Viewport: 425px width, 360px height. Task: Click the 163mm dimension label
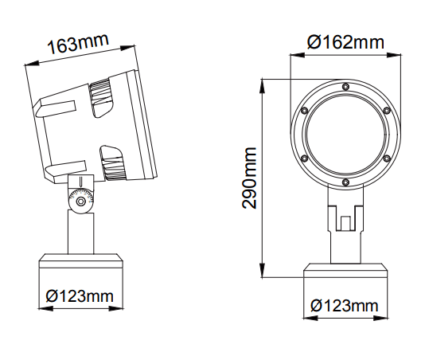[x=78, y=43]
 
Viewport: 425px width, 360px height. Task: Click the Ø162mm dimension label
[x=346, y=42]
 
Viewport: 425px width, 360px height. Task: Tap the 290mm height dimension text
[x=249, y=178]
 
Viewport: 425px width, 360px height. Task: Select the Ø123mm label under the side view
[x=80, y=296]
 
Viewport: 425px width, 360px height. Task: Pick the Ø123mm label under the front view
[x=345, y=306]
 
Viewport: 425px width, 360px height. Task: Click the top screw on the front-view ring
[x=345, y=87]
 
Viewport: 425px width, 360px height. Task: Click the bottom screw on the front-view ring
[x=345, y=182]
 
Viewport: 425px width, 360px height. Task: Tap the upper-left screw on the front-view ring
[x=304, y=111]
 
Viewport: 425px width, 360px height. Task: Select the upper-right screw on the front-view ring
[x=387, y=111]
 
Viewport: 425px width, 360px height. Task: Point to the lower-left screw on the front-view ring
[x=304, y=158]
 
